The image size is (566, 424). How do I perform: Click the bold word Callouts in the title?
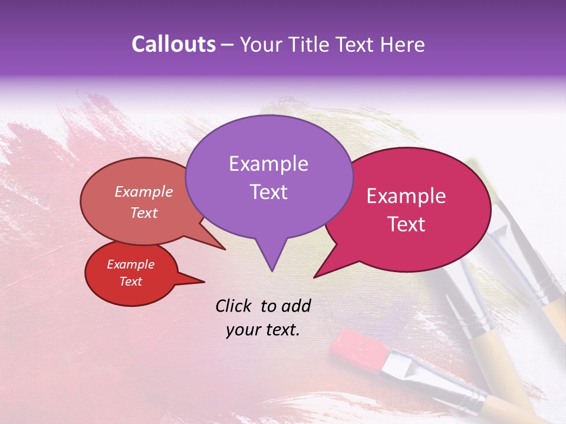(x=173, y=44)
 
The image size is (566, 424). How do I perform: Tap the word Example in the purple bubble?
(x=268, y=164)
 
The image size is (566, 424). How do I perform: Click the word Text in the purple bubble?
(x=268, y=191)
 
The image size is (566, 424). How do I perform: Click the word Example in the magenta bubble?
(x=406, y=196)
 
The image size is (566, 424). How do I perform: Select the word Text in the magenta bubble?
(x=407, y=224)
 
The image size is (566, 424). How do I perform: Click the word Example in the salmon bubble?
(x=144, y=191)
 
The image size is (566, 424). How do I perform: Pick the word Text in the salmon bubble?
(x=144, y=213)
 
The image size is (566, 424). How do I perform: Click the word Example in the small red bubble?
(x=130, y=264)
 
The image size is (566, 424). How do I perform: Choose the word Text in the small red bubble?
(x=131, y=281)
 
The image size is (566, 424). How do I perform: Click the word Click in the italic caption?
(x=235, y=305)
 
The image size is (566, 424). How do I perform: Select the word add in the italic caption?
(x=295, y=305)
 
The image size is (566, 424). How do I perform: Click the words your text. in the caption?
(x=263, y=330)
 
